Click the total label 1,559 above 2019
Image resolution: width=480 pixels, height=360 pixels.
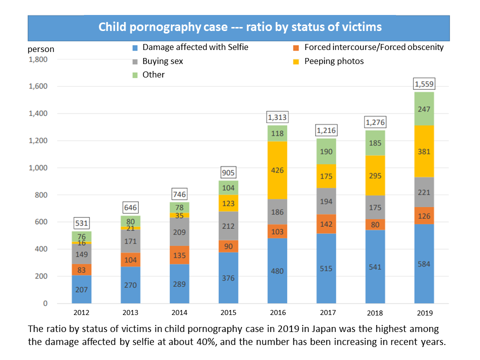423,83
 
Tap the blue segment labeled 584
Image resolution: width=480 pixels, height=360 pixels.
424,263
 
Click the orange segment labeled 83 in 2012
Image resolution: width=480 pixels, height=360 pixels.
81,269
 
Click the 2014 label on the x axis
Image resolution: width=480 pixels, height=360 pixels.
179,313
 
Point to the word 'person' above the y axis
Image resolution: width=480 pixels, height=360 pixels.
41,49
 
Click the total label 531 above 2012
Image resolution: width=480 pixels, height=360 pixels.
81,222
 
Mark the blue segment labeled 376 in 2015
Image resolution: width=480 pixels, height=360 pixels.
228,278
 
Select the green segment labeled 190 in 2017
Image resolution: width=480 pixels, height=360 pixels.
326,151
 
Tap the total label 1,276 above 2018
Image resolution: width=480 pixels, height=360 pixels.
375,122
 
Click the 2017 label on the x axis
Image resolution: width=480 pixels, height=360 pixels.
326,313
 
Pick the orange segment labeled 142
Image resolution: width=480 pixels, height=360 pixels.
326,224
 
